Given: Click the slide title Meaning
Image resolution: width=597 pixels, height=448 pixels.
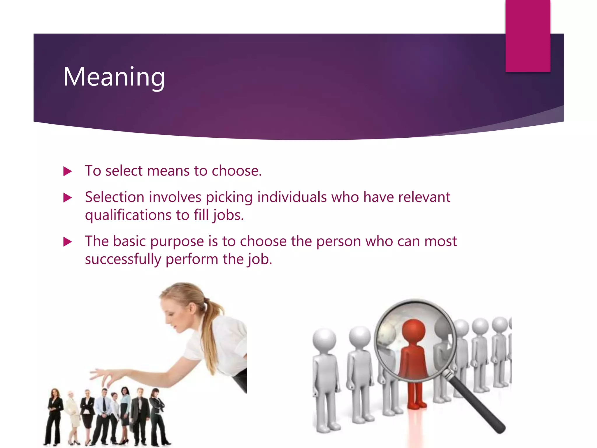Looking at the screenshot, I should pos(114,77).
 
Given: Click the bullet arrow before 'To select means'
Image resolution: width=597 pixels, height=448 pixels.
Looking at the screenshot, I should pos(68,171).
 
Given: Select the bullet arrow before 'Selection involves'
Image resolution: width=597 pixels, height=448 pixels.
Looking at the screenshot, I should pos(68,198).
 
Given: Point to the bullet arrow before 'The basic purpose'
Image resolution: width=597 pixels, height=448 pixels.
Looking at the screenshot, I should pos(68,242).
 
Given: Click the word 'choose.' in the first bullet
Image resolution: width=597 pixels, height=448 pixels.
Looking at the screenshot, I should pos(237,171).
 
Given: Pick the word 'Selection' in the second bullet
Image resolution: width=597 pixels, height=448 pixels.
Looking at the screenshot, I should pos(114,197).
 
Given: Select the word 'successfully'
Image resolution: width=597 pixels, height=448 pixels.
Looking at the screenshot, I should pos(123,259).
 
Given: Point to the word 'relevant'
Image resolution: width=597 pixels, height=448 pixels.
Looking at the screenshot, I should pos(424,197).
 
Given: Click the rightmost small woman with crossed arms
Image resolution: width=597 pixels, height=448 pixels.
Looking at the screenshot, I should pos(158,414).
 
